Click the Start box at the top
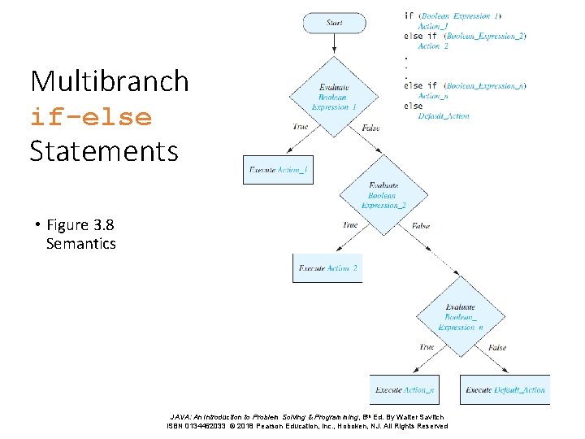tap(334, 23)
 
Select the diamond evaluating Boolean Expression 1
tap(334, 97)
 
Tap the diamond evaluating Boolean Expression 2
tap(382, 196)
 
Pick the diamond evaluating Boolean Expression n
tap(461, 317)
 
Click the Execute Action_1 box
tap(277, 169)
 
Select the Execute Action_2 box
tap(327, 268)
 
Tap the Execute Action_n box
tap(404, 390)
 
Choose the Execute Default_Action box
tap(505, 390)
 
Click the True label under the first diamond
tap(301, 127)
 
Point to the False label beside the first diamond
tap(370, 128)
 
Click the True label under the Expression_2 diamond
tap(350, 225)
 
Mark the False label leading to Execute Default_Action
tap(497, 348)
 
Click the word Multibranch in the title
tap(110, 81)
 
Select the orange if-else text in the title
tap(91, 117)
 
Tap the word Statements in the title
tap(104, 151)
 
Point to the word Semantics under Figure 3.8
tap(81, 244)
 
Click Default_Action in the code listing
tap(444, 116)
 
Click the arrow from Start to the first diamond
tap(334, 45)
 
